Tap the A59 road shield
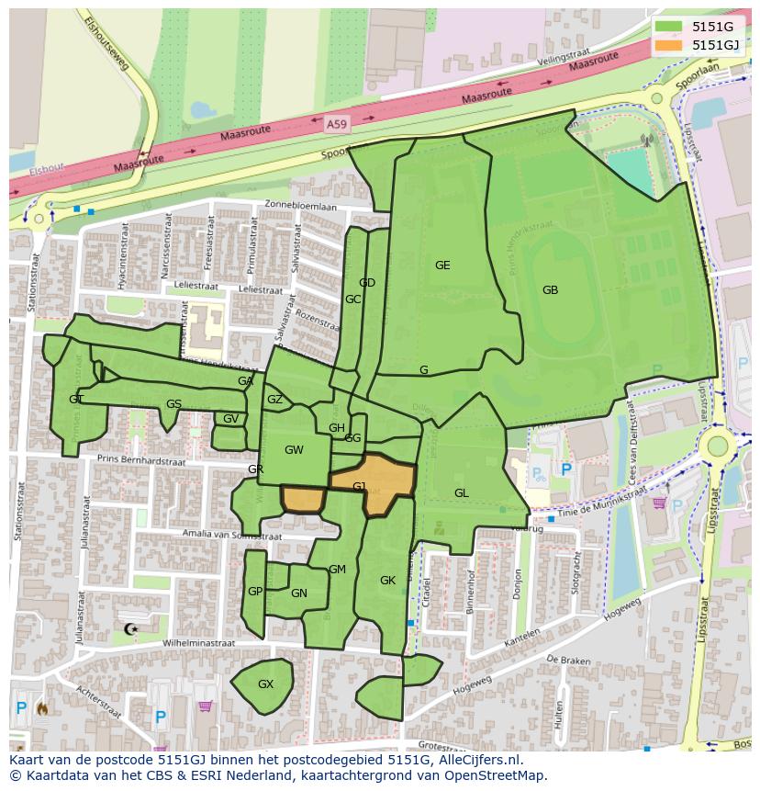(337, 121)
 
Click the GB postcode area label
(550, 290)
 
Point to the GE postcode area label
(442, 266)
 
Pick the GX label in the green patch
(265, 684)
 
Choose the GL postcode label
(461, 493)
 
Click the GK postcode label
(387, 581)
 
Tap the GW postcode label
(294, 450)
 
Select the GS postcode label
(173, 404)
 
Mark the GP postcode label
(255, 592)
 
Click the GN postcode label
(298, 593)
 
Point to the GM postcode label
(337, 570)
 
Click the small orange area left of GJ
(302, 499)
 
